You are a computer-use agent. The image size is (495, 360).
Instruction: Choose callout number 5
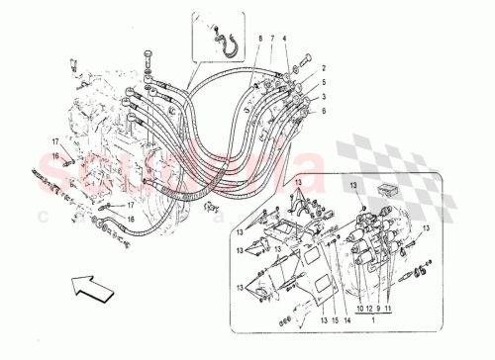323,85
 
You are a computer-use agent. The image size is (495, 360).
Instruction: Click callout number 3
323,99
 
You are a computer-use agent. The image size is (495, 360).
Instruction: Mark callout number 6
323,113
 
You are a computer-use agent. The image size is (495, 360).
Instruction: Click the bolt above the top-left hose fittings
148,55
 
